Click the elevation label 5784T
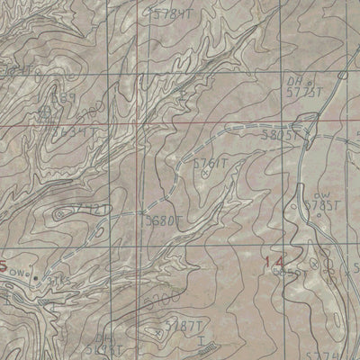click(173, 15)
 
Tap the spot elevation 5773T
click(306, 91)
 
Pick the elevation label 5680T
click(164, 218)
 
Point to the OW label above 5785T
click(320, 193)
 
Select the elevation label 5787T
click(183, 326)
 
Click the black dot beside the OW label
click(35, 277)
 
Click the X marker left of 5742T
click(60, 213)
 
